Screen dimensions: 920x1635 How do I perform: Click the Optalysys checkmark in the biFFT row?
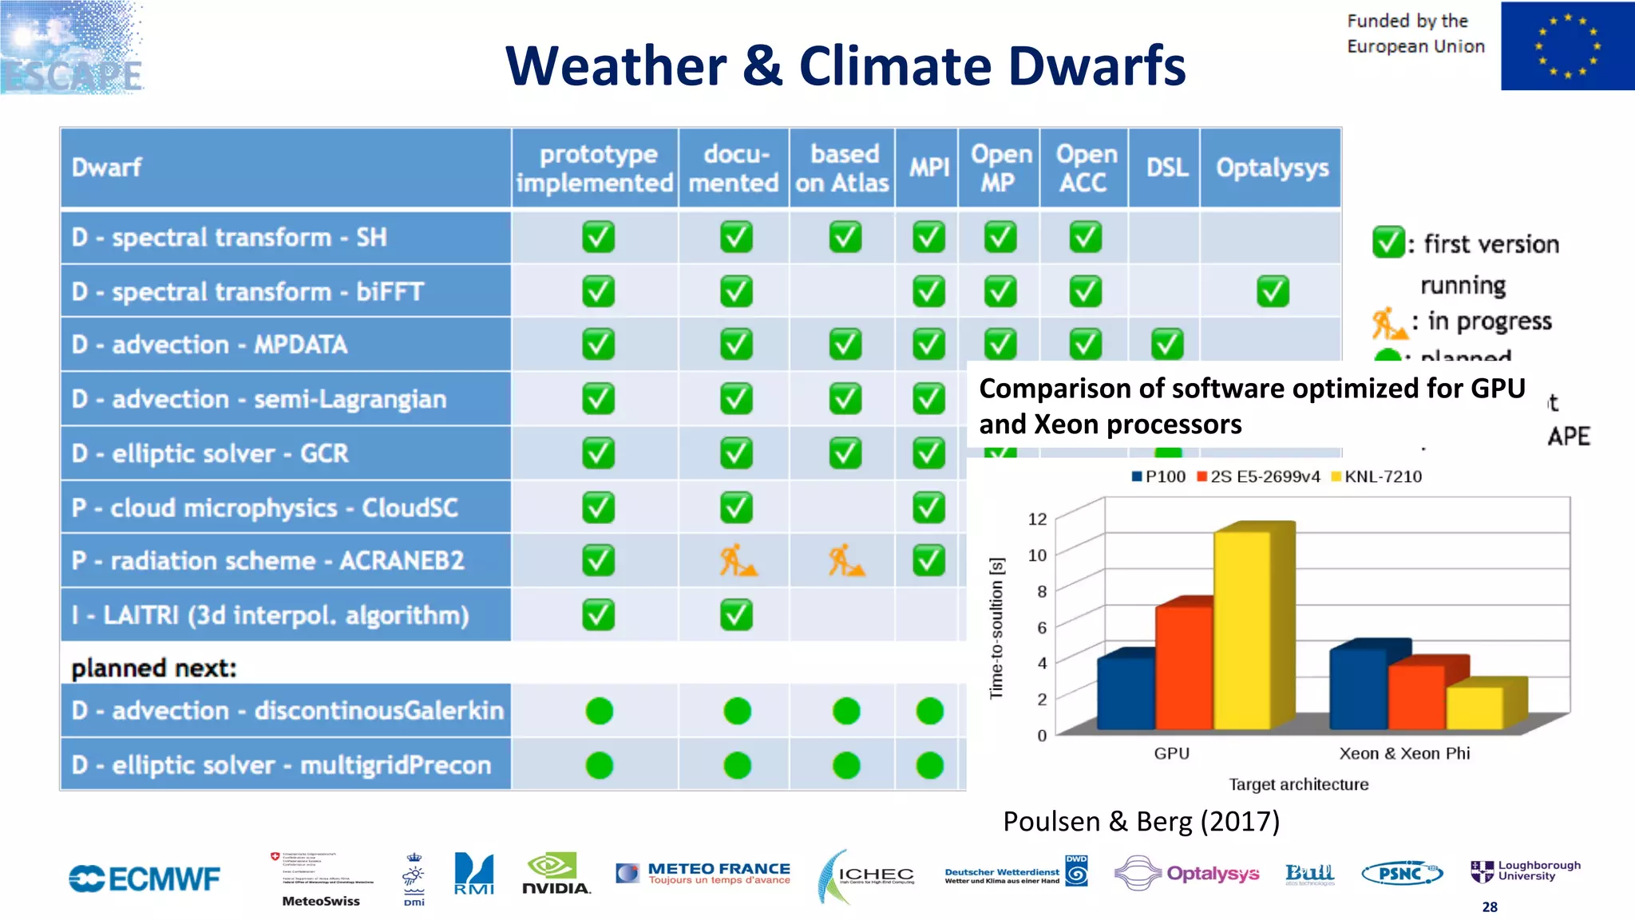point(1273,291)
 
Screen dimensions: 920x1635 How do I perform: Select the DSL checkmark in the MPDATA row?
point(1166,345)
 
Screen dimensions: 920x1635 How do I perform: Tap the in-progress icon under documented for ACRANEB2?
point(736,561)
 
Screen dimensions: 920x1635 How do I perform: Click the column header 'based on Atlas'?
point(842,168)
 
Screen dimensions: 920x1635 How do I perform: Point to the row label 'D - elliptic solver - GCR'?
point(210,453)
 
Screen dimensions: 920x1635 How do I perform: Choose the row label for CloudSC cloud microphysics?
point(264,507)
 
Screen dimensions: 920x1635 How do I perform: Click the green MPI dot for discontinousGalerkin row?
point(929,710)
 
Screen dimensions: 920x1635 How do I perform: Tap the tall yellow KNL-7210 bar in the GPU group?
point(1242,630)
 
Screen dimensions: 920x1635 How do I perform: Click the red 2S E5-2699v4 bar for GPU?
point(1183,667)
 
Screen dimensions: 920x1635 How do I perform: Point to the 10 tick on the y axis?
point(1037,555)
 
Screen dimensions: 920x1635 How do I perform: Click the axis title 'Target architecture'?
point(1298,784)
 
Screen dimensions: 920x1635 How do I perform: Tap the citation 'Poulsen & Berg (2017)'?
point(1141,821)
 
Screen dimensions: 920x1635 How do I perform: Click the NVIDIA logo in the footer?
point(556,875)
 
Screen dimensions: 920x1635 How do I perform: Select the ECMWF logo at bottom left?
point(144,879)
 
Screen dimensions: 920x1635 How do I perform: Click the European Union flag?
point(1566,46)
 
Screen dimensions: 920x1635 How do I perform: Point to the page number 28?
point(1490,907)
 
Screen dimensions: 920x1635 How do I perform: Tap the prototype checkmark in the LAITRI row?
point(598,615)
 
